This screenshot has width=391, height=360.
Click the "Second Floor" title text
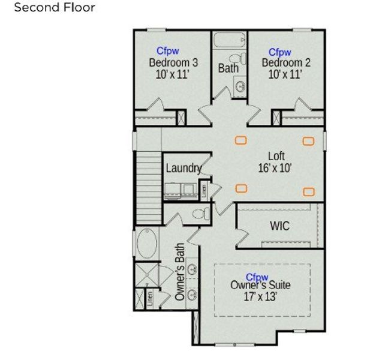[55, 8]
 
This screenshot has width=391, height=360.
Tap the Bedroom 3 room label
[173, 62]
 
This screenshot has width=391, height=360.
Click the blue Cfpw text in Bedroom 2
[279, 52]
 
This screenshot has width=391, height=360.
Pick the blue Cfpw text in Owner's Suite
[257, 277]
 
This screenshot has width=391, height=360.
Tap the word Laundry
[183, 168]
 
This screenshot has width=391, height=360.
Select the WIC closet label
[279, 226]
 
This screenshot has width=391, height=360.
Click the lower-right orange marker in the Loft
[308, 191]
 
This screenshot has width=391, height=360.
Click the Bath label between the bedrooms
[228, 68]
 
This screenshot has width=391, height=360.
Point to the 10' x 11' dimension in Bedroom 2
[285, 74]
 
